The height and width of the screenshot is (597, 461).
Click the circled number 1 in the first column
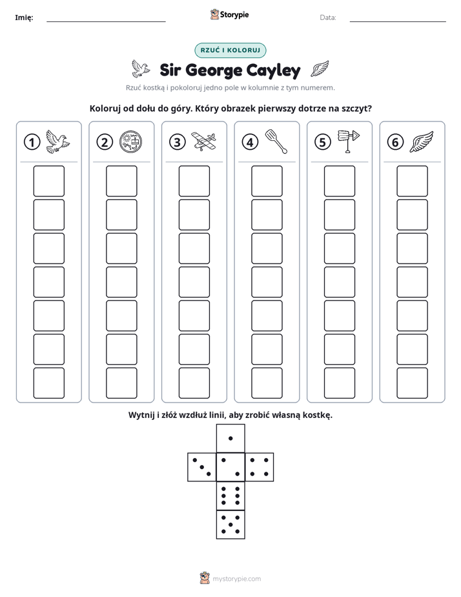point(32,142)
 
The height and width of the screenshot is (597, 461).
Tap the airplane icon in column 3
point(203,141)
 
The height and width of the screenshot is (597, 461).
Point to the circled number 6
point(395,142)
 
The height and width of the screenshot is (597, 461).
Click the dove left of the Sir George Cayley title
point(140,68)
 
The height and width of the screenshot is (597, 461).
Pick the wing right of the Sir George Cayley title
point(320,68)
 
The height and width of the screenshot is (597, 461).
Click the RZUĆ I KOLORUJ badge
point(230,50)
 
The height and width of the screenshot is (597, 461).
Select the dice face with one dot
point(230,438)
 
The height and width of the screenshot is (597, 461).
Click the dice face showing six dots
point(230,496)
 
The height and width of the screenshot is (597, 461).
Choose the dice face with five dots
point(230,524)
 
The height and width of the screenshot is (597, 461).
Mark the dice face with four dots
point(260,467)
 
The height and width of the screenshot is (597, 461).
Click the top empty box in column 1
point(48,181)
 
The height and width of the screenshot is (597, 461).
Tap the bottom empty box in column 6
point(413,383)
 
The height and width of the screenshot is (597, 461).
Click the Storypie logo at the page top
point(229,15)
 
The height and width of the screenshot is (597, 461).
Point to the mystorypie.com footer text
point(236,579)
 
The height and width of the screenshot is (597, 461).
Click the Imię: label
point(24,17)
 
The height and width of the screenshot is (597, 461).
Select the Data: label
point(328,17)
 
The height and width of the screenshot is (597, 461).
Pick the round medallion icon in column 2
point(130,141)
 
